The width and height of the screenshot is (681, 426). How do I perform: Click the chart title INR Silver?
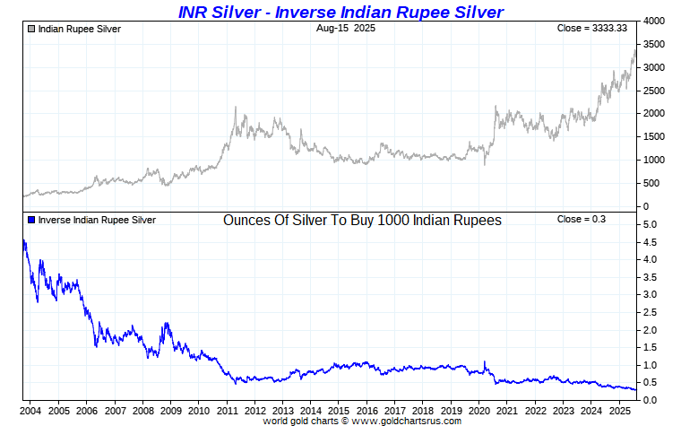click(x=340, y=12)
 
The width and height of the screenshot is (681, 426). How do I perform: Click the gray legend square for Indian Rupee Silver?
click(x=31, y=29)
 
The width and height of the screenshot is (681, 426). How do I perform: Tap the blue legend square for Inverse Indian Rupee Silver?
click(x=31, y=220)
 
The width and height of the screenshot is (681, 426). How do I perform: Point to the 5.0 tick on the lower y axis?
click(x=651, y=224)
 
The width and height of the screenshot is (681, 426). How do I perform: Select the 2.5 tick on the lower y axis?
click(x=651, y=312)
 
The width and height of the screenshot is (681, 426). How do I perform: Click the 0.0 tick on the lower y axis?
click(x=651, y=400)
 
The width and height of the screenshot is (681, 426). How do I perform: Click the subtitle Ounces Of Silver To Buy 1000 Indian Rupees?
click(x=362, y=221)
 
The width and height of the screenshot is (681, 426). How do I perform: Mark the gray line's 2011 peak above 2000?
click(x=235, y=108)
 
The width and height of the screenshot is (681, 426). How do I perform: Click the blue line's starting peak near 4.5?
click(x=23, y=241)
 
